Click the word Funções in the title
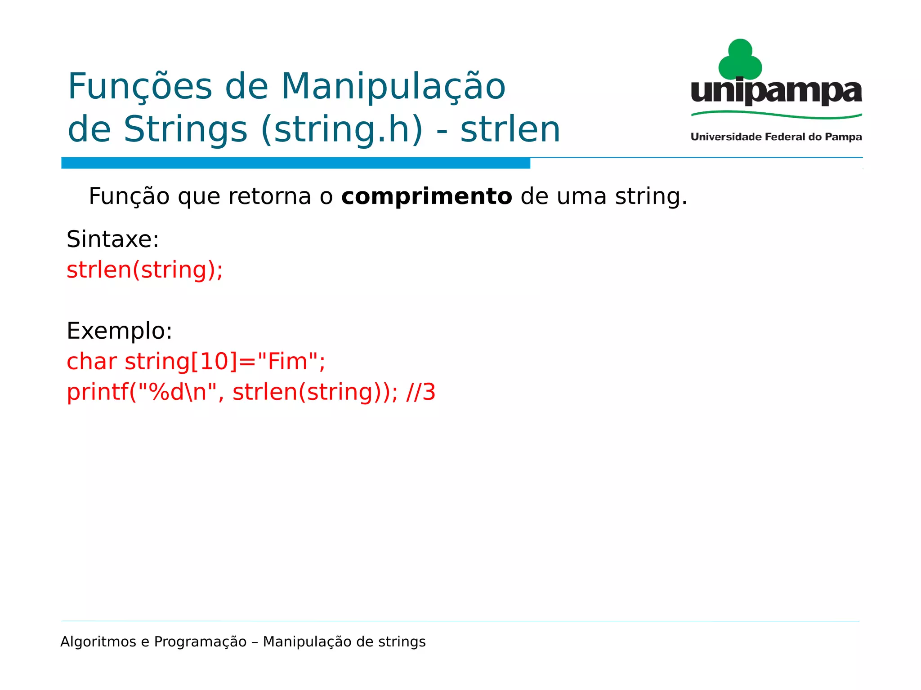click(x=140, y=87)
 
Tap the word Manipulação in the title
click(x=393, y=87)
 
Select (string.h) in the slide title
click(x=342, y=129)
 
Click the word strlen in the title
click(x=510, y=129)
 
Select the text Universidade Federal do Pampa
click(x=776, y=137)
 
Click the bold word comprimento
click(x=426, y=197)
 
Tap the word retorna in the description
click(x=269, y=197)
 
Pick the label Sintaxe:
click(x=112, y=239)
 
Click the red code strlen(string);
click(x=144, y=270)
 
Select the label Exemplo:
click(x=119, y=331)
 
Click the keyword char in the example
click(x=92, y=362)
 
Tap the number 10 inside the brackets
click(x=214, y=362)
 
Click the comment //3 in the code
click(x=420, y=392)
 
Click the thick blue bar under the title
click(x=295, y=163)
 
